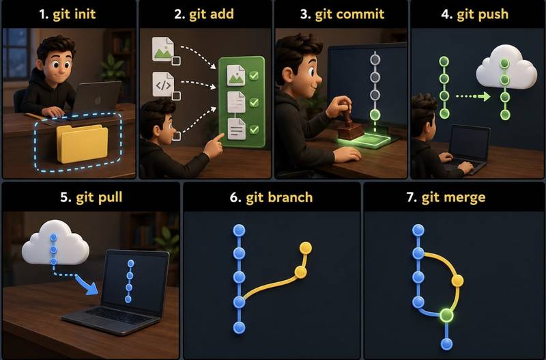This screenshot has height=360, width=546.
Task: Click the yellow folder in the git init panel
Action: tap(82, 143)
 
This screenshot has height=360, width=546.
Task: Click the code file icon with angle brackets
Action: tap(163, 84)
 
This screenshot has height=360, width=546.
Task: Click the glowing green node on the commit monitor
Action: tap(375, 114)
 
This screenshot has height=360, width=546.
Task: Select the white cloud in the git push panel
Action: tap(506, 68)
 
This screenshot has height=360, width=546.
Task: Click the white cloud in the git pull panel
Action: tap(55, 243)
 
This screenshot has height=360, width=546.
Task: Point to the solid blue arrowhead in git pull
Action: tap(91, 287)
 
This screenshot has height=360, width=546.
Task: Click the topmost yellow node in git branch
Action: tap(305, 248)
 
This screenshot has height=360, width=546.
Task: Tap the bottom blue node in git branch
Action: tap(239, 328)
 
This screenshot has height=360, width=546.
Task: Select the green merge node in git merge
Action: tap(446, 315)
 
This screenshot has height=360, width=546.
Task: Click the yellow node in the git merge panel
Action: tap(457, 281)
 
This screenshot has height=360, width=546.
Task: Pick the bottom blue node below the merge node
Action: tap(446, 344)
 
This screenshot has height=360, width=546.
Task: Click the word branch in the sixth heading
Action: tap(279, 197)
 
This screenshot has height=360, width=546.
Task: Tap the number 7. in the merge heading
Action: tap(412, 197)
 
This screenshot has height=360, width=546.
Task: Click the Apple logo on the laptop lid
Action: tap(97, 100)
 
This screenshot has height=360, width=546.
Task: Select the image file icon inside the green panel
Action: tap(235, 75)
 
